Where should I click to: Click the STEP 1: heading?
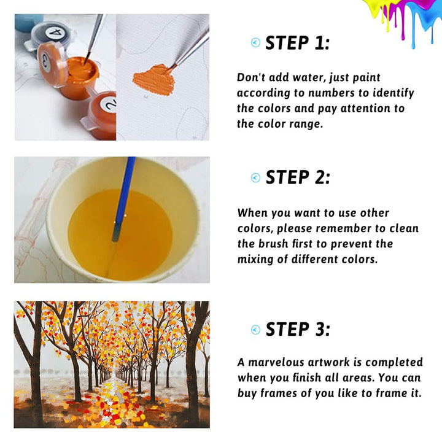(297, 43)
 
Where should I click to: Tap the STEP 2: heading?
(298, 177)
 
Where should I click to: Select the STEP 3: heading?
(298, 329)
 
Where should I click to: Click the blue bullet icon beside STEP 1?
(255, 42)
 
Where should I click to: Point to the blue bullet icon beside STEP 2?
(255, 177)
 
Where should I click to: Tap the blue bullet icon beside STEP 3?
(255, 330)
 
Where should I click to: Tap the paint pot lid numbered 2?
(108, 104)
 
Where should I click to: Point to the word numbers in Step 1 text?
(331, 93)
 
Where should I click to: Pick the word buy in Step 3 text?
(247, 394)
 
